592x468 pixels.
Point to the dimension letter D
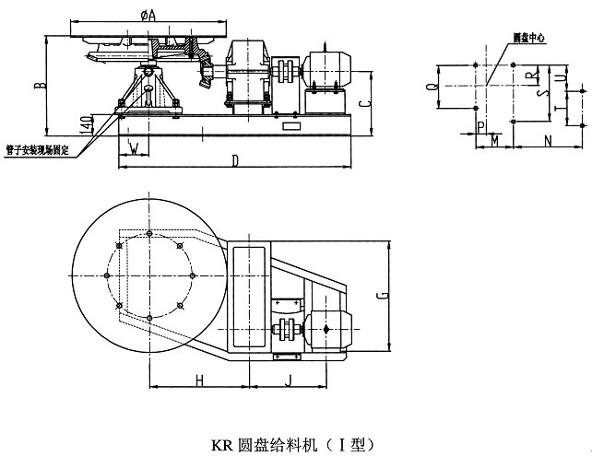click(234, 162)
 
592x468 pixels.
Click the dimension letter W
click(135, 147)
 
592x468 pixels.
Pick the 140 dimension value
click(84, 122)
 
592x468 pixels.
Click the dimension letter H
click(199, 379)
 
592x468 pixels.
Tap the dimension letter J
click(288, 379)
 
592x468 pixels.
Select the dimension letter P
click(480, 124)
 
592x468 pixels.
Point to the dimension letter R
click(528, 74)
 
